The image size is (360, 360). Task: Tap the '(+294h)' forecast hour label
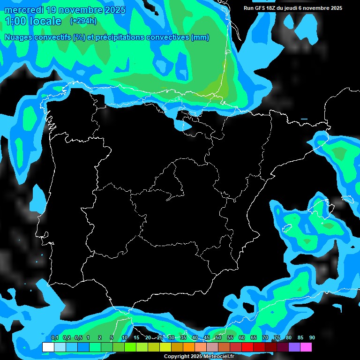[83, 21]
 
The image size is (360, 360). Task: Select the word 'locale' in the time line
[44, 21]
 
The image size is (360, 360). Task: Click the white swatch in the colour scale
[48, 347]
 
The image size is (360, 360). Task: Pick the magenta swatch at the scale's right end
[306, 347]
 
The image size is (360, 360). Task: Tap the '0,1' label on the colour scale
[54, 338]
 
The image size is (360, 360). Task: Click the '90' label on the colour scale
[312, 338]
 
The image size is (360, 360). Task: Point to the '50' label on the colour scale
[218, 338]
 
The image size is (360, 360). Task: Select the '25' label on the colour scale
[160, 338]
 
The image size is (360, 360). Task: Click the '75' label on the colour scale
[277, 338]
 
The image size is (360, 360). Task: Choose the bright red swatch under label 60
[247, 347]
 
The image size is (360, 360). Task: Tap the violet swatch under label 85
[294, 347]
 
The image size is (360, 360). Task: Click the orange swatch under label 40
[189, 347]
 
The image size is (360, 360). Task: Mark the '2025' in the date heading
[112, 10]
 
